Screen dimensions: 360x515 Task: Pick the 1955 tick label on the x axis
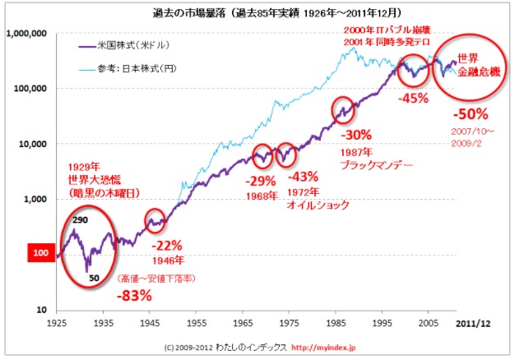(x=194, y=325)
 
